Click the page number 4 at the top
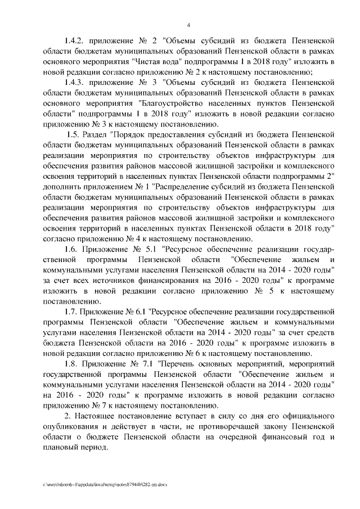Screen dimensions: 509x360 188,24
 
